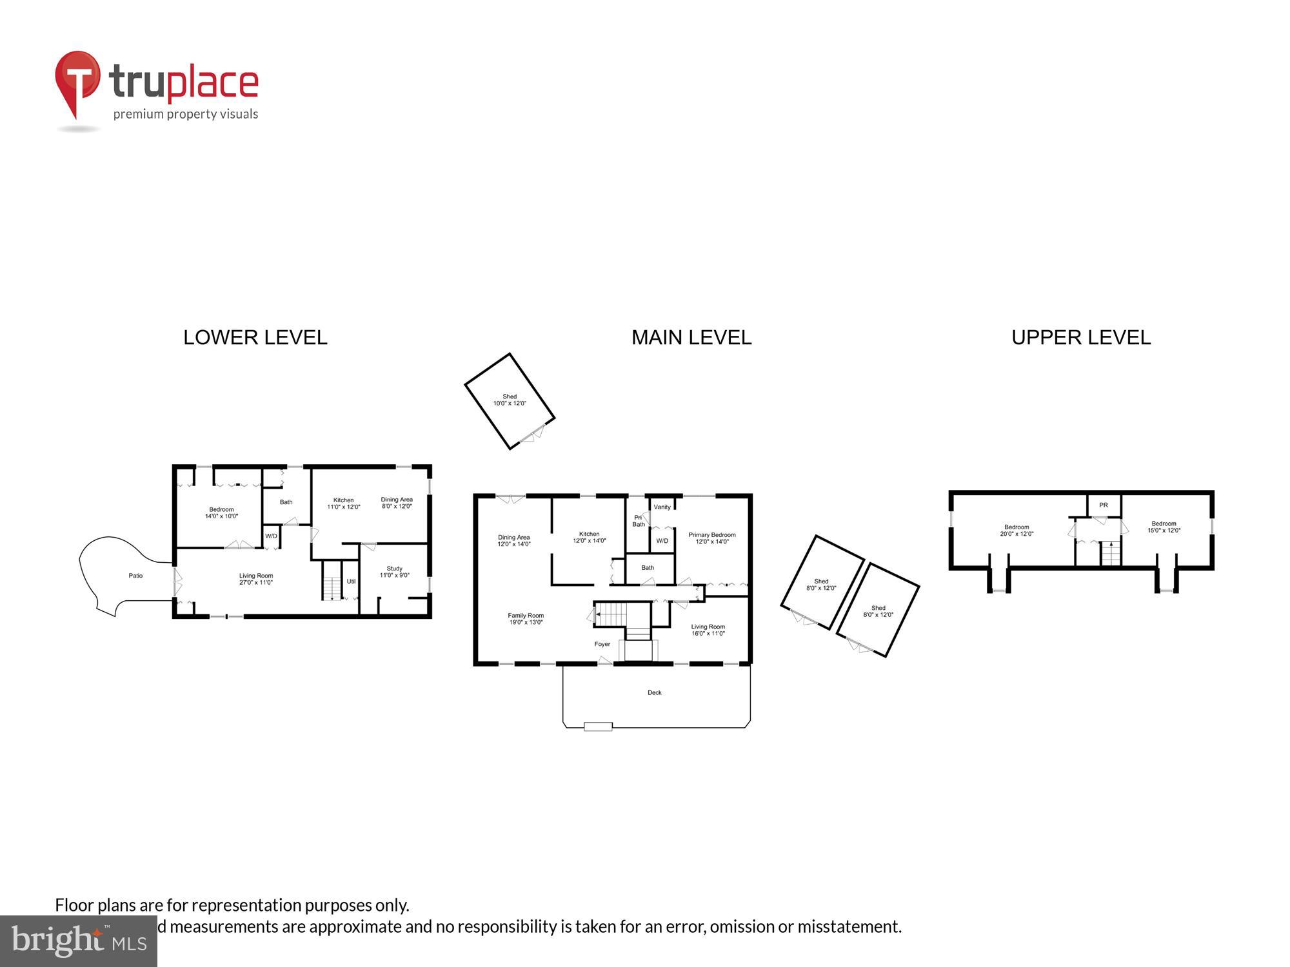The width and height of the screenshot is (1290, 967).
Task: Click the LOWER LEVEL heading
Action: coord(255,338)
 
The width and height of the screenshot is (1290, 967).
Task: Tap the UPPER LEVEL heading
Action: coord(1081,338)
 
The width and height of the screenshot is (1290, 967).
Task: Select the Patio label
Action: coord(135,576)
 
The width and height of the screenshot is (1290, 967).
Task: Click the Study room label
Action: coord(394,572)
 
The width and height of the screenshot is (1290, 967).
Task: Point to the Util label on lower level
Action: coord(351,581)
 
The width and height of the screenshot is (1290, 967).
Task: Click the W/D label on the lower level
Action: coord(271,536)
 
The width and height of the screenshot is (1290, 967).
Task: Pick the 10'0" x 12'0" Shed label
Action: coord(510,400)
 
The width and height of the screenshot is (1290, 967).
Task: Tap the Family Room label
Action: coord(526,619)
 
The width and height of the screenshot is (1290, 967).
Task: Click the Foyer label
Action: coord(602,644)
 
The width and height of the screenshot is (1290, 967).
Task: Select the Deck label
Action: coord(655,693)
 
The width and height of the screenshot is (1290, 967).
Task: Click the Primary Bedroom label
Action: coord(711,538)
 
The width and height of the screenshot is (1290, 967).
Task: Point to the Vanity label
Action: coord(662,507)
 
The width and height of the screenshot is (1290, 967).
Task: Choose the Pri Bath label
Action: coord(638,521)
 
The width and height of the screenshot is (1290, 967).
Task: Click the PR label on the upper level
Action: coord(1104,505)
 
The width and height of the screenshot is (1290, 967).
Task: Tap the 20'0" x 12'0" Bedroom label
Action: coord(1017,531)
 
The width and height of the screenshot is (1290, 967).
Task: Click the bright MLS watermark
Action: coord(79,941)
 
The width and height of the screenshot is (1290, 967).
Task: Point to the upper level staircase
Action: coord(1111,554)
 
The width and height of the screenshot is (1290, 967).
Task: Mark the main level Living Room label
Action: coord(708,630)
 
